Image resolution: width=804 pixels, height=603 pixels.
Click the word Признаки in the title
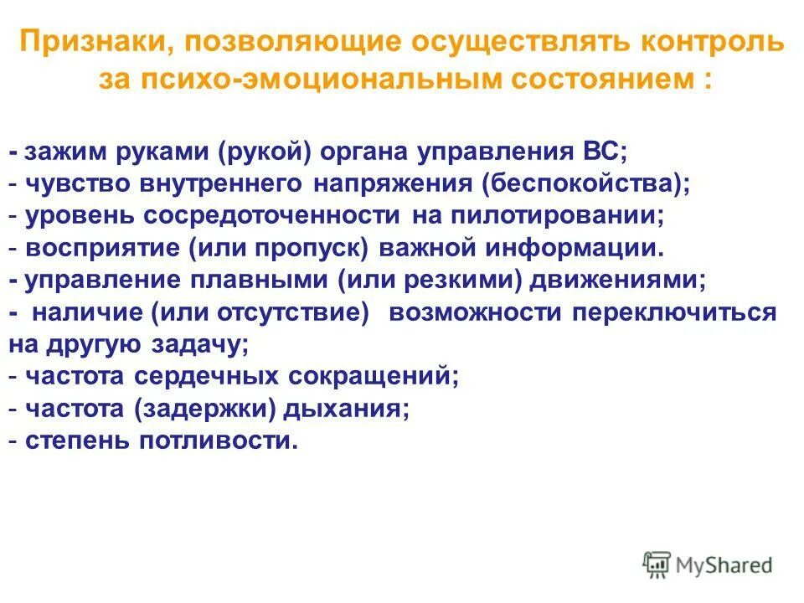[95, 42]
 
